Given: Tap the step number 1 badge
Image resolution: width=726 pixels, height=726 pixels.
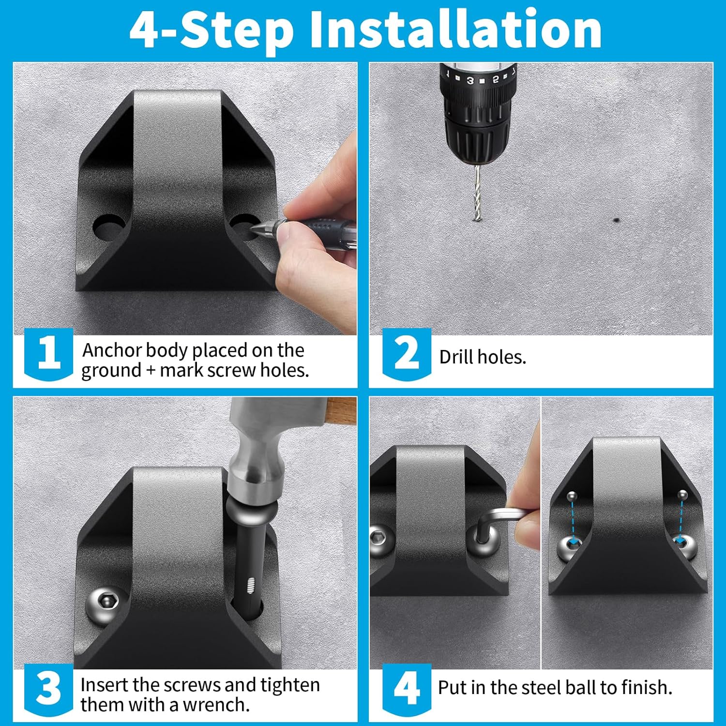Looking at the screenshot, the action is pyautogui.click(x=48, y=353).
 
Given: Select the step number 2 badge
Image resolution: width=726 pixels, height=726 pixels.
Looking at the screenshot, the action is pyautogui.click(x=407, y=353).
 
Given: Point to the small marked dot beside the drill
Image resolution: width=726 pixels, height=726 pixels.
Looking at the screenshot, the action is pyautogui.click(x=616, y=220).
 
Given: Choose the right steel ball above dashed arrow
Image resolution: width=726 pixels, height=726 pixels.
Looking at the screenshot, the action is pyautogui.click(x=682, y=495).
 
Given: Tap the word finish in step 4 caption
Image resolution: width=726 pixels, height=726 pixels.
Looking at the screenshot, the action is pyautogui.click(x=647, y=687).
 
